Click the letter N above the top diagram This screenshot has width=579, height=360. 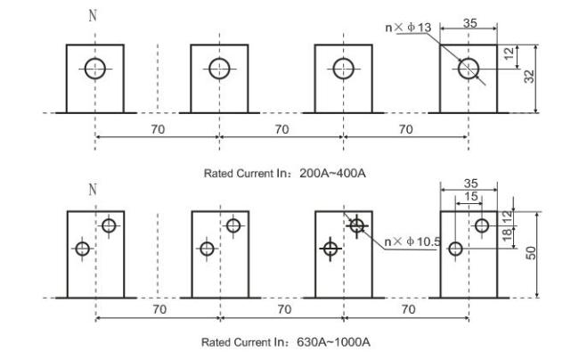pos(93,15)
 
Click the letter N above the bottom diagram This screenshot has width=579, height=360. pos(93,190)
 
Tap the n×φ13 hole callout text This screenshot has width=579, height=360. pos(408,28)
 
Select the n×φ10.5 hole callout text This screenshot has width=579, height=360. pos(412,241)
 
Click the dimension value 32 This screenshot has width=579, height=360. pos(529,77)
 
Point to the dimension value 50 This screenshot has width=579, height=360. pos(531,253)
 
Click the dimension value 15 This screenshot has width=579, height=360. pos(471,196)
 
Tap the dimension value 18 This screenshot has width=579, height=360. pos(508,233)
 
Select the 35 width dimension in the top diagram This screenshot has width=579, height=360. pos(470,23)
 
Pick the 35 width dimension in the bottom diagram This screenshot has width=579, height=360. pos(471,184)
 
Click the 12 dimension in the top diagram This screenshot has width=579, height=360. pos(509,53)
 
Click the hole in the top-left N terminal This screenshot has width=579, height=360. pos(95,69)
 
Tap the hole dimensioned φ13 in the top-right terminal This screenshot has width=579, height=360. pos(469,69)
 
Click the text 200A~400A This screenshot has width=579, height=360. pos(332,173)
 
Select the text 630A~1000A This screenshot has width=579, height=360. pos(333,342)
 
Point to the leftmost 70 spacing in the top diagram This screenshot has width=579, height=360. pos(158,129)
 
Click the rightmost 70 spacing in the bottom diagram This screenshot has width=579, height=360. pos(408,309)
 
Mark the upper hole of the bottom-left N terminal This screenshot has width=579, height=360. pos(109,225)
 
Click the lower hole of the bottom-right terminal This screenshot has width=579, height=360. pos(455,249)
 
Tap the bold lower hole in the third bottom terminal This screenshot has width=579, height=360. pos(330,249)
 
